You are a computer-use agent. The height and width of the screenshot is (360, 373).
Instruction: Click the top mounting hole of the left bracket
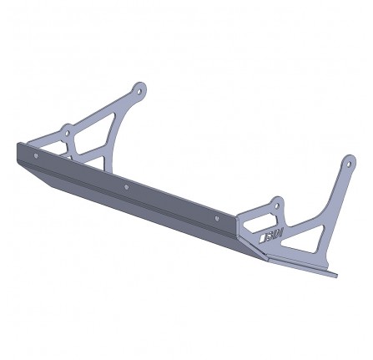click(x=140, y=89)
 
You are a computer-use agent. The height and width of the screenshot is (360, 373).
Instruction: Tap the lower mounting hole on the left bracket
click(x=67, y=130)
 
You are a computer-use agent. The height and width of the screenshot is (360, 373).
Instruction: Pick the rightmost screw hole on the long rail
click(x=216, y=217)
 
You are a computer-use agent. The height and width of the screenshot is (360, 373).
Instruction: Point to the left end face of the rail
click(x=18, y=153)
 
